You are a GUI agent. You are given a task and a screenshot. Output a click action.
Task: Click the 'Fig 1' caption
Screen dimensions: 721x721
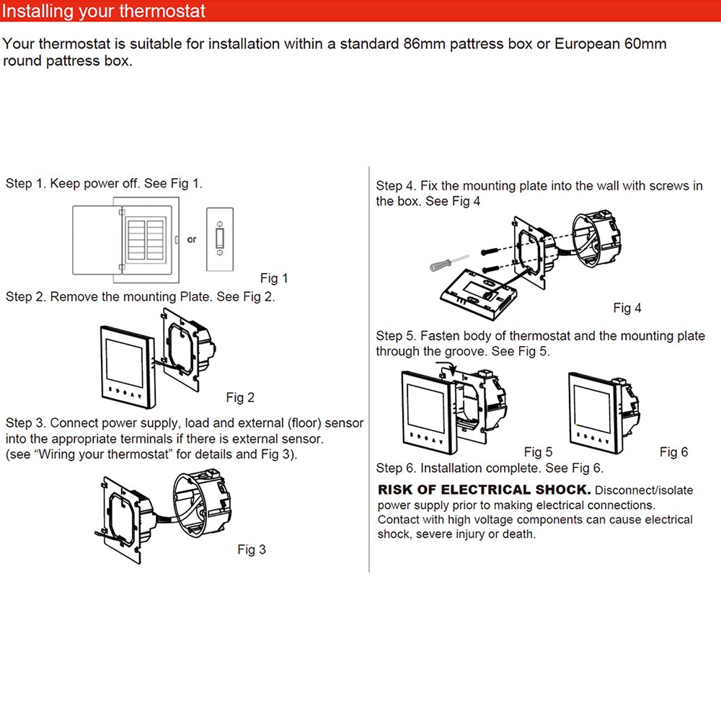click(274, 278)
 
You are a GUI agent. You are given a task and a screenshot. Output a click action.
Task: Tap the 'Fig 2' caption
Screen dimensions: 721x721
click(240, 397)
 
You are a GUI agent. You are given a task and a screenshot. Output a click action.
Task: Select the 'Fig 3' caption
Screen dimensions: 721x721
click(252, 549)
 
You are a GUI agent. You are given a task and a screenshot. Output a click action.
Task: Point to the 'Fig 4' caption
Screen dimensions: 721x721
click(627, 308)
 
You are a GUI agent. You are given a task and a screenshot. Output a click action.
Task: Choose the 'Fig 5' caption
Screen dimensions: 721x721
click(538, 452)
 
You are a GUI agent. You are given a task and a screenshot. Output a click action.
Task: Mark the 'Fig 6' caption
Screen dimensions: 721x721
click(673, 452)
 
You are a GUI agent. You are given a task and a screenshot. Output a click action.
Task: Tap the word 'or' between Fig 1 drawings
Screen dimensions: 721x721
click(192, 239)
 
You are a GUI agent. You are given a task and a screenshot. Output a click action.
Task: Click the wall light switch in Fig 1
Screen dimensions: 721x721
click(220, 239)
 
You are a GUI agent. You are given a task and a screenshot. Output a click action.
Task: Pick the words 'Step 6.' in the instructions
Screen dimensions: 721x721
click(396, 469)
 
